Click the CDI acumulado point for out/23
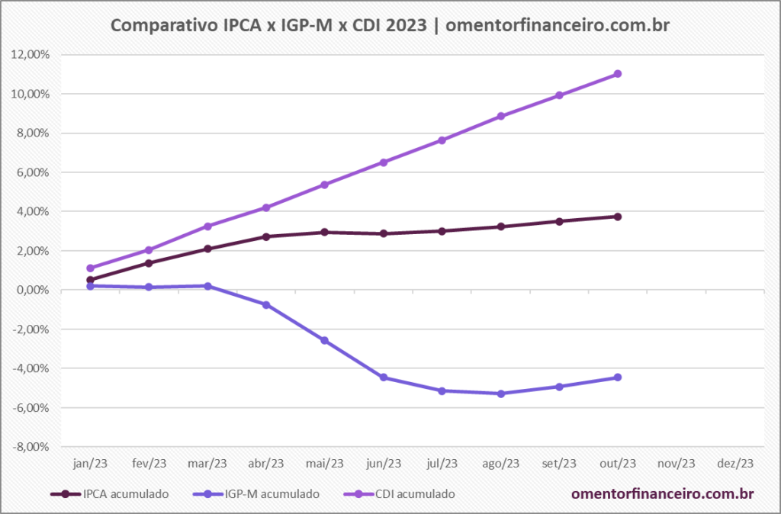[618, 74]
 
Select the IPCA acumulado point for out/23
[618, 217]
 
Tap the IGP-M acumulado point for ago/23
[501, 394]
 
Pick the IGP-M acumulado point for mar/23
[208, 286]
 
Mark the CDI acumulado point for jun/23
[384, 162]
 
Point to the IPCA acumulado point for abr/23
[266, 236]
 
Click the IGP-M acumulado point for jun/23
[384, 377]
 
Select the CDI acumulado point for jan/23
[91, 268]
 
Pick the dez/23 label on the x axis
[735, 463]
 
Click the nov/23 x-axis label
[677, 463]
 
